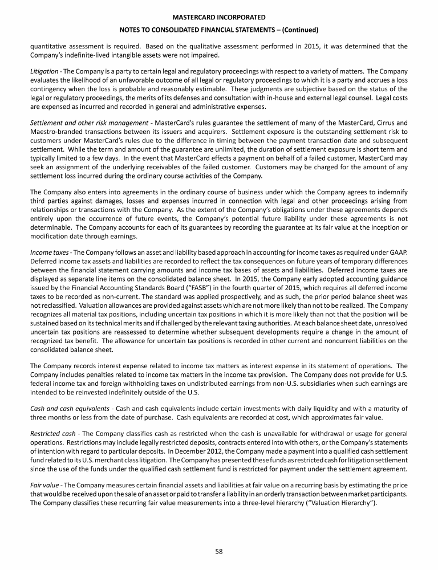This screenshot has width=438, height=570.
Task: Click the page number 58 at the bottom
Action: (219, 551)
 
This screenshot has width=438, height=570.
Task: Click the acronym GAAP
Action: (397, 235)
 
